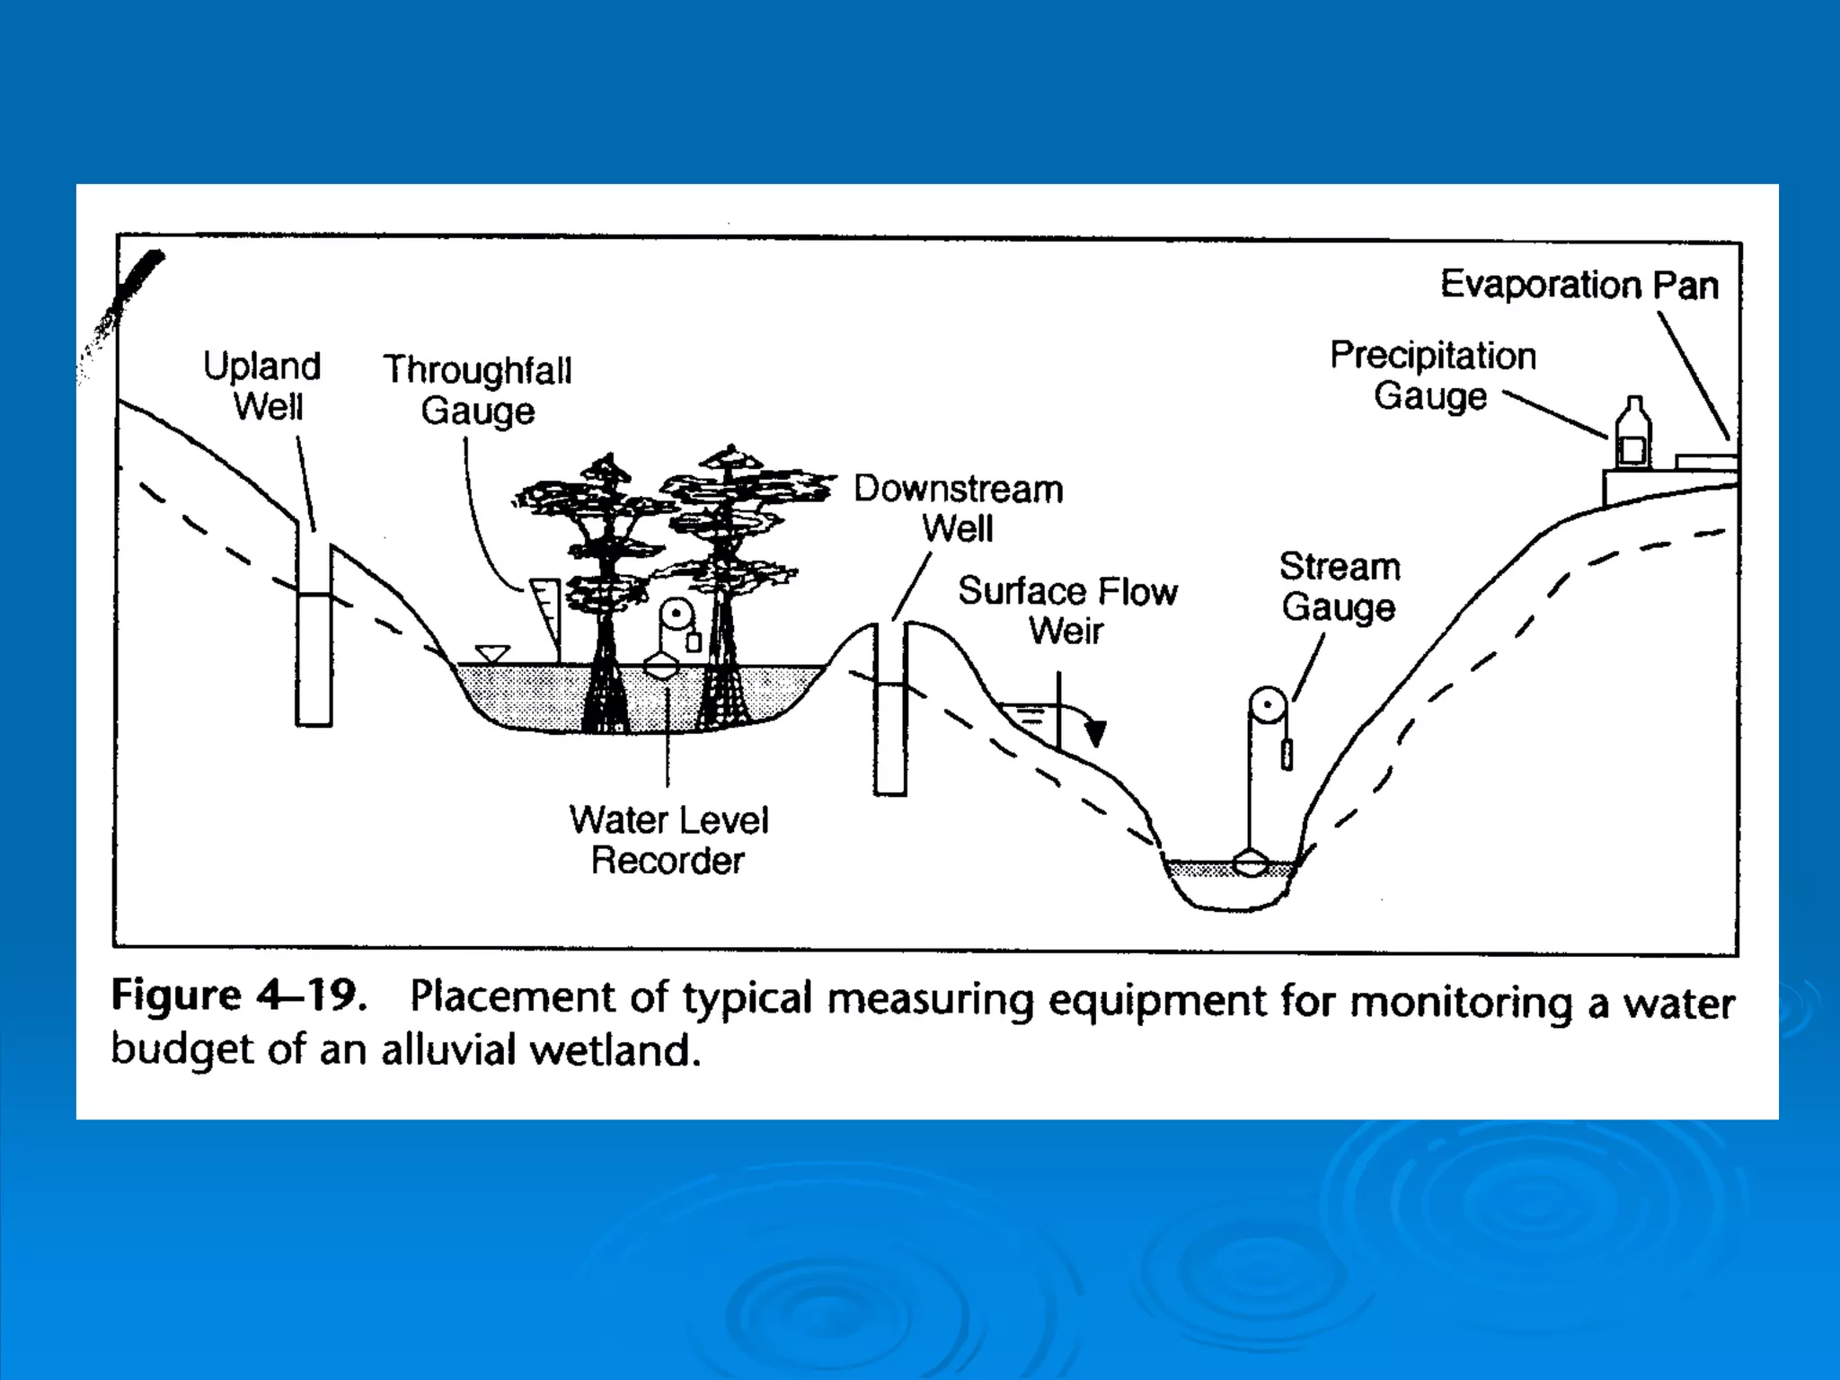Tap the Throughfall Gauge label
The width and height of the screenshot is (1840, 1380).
(478, 390)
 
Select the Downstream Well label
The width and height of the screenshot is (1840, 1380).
(959, 509)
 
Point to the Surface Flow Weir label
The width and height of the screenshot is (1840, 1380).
(1067, 611)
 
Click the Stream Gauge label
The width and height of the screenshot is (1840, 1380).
(1340, 587)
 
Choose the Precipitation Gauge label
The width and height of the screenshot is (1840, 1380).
(1433, 376)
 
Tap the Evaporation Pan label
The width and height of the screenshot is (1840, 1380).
(1579, 285)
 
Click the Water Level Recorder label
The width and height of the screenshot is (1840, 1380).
(668, 840)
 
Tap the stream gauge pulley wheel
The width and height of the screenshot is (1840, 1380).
(1268, 705)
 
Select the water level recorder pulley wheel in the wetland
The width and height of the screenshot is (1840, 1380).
(675, 616)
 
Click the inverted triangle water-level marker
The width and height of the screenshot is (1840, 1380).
(491, 653)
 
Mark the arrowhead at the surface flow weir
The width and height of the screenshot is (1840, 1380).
(1095, 734)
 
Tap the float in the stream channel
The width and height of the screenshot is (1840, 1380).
(1250, 864)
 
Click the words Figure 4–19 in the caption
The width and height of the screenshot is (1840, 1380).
(239, 996)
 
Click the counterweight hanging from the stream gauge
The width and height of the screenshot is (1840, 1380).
(1287, 754)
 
